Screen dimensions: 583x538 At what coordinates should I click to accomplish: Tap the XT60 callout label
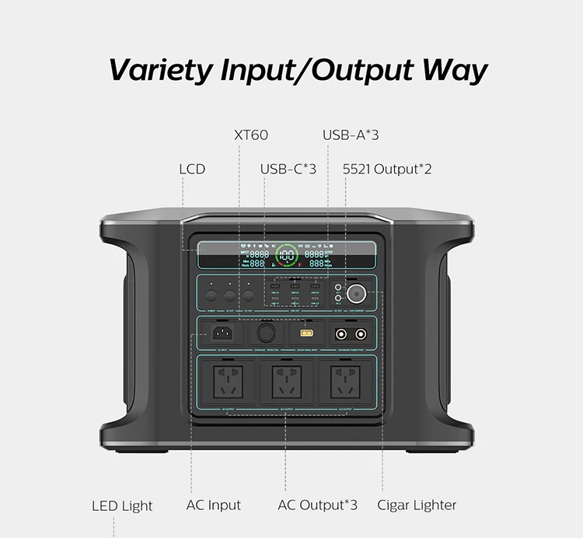(x=251, y=134)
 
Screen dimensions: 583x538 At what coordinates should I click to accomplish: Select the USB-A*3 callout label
(x=351, y=134)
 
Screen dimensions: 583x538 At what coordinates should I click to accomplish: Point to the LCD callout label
(x=192, y=168)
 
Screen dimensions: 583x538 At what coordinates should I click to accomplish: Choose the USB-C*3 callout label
(x=288, y=168)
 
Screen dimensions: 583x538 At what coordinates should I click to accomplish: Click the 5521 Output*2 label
(x=387, y=168)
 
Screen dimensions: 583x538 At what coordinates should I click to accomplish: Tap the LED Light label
(x=123, y=505)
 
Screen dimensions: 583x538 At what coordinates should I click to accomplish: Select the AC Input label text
(x=214, y=505)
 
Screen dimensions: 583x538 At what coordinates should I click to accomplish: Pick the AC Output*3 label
(x=318, y=505)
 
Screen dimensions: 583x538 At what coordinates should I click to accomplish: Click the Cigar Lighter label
(x=417, y=505)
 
